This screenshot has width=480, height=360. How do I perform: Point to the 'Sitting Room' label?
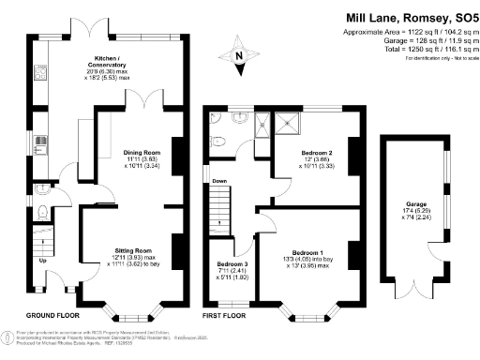[133, 251]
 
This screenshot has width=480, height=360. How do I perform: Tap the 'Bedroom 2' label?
[317, 152]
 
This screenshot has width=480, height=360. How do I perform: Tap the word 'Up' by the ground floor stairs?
[41, 260]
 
